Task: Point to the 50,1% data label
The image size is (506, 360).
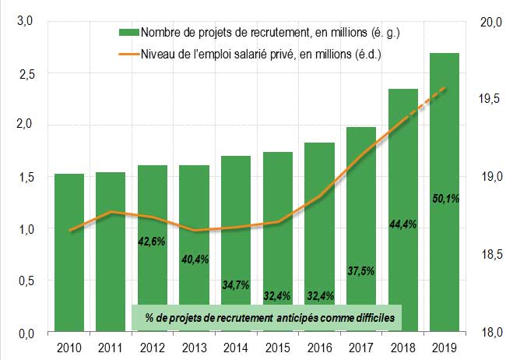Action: [445, 199]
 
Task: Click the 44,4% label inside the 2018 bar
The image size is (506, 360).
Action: [402, 224]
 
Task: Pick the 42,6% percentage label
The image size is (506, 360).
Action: [152, 242]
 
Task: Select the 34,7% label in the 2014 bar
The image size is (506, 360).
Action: [235, 285]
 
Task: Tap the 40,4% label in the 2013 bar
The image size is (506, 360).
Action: [194, 259]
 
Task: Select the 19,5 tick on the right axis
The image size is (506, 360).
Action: [489, 100]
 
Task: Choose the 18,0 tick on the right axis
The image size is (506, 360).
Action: [489, 333]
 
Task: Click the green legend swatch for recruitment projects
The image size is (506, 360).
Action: [128, 32]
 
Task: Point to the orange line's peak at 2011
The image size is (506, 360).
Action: [111, 212]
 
